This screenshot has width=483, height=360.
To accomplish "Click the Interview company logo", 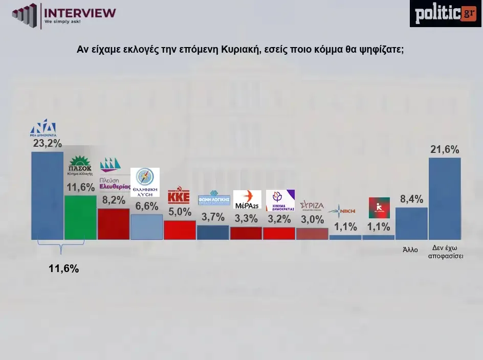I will tap(64, 16).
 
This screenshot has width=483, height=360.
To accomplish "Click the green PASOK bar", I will tap(80, 217).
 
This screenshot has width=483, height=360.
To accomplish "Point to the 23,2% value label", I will tap(47, 144).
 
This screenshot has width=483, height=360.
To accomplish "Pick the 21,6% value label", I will tap(445, 150).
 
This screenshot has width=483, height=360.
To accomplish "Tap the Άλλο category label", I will tap(410, 250).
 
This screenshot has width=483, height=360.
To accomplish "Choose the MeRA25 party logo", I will tap(247, 199).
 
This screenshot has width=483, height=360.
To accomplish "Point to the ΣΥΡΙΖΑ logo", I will tap(312, 205).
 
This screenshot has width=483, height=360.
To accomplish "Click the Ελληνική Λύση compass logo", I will tap(145, 182).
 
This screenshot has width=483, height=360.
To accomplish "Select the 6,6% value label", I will tap(147, 206).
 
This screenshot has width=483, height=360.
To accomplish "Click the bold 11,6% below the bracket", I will tap(63, 268).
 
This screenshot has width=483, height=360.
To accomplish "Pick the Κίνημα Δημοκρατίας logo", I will tap(280, 200).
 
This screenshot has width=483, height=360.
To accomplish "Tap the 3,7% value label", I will tap(213, 217).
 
